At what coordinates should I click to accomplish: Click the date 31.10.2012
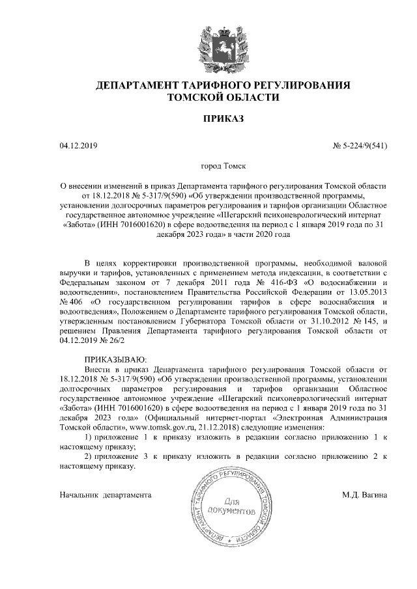tap(318, 321)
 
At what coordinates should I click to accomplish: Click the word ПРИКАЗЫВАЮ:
tap(116, 359)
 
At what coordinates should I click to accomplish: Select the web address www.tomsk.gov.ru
tap(162, 426)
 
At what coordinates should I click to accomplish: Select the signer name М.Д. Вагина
tap(365, 495)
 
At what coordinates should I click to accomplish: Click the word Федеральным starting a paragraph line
tap(85, 284)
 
